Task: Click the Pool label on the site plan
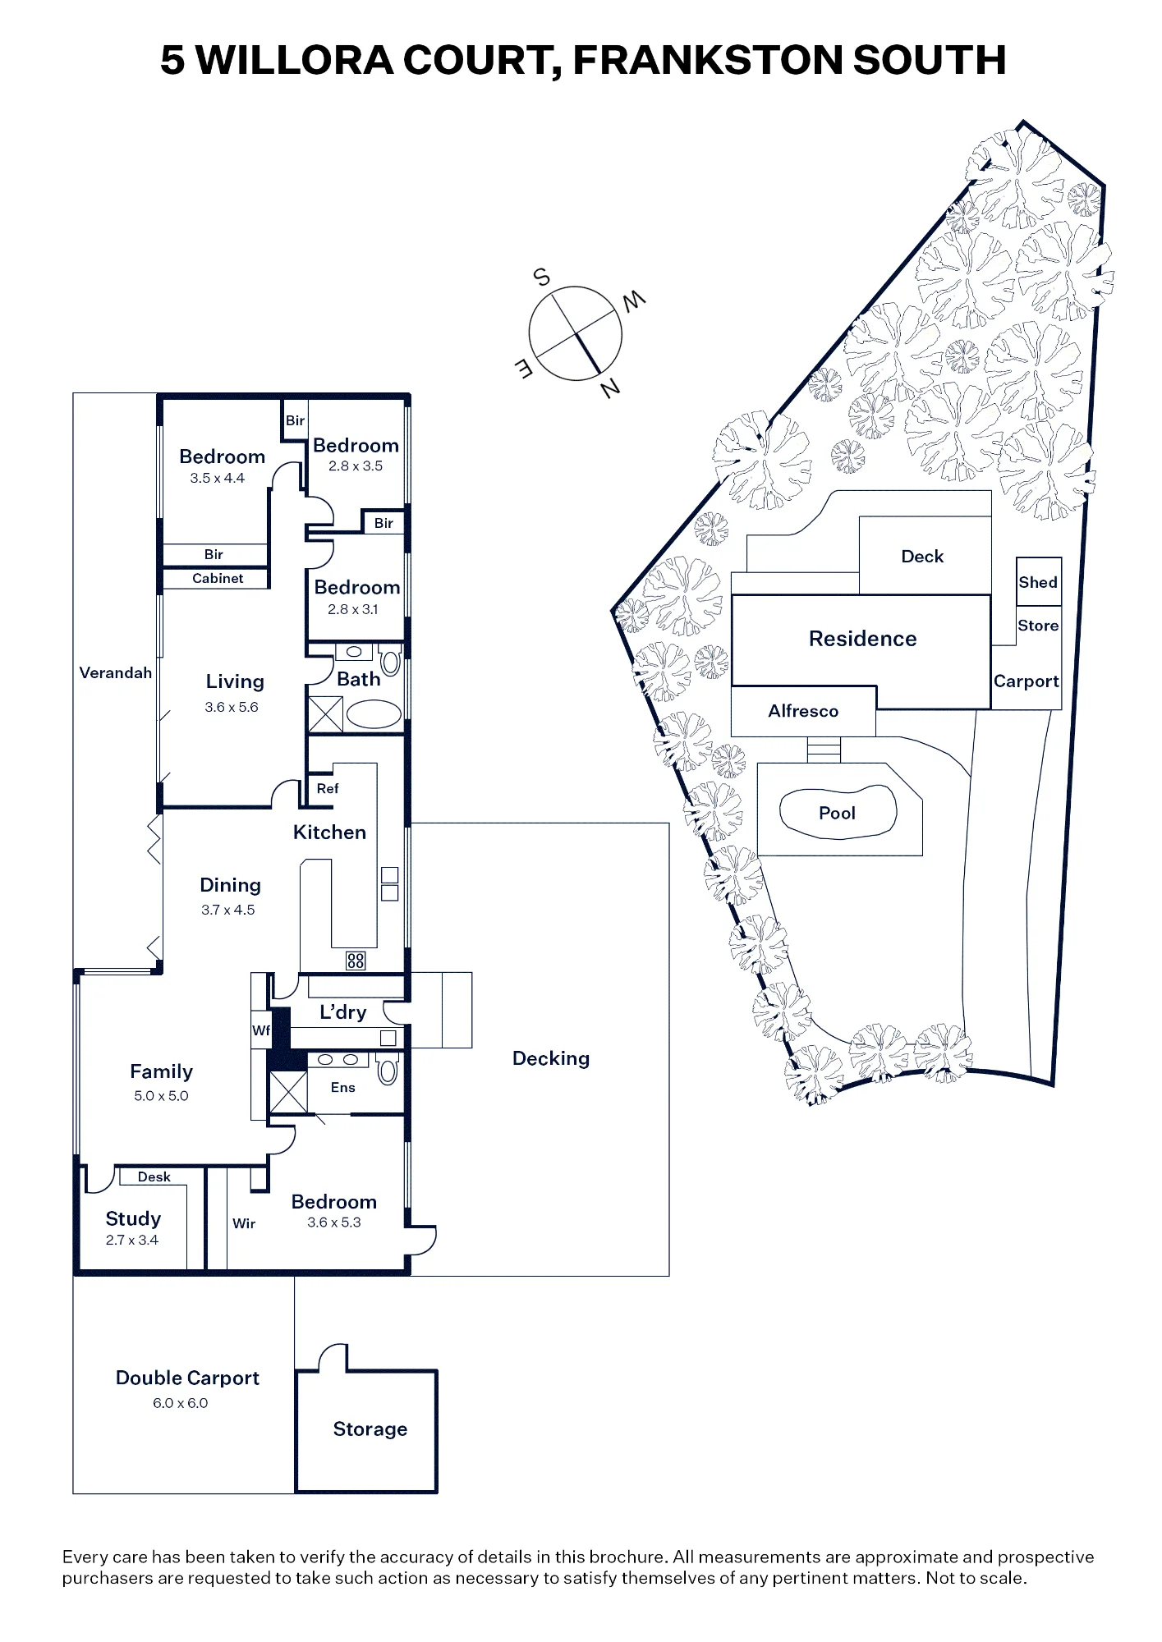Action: [x=837, y=813]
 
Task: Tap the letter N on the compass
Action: [x=610, y=388]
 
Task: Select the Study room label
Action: [x=133, y=1218]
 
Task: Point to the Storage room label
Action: [x=370, y=1429]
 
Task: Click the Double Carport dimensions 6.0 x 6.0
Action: [x=180, y=1403]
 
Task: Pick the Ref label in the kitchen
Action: [x=328, y=788]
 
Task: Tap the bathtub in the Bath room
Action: [x=374, y=714]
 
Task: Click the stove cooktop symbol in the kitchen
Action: [x=356, y=960]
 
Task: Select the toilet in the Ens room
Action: [x=387, y=1071]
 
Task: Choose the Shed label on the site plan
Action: [x=1038, y=582]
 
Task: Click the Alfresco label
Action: [x=803, y=711]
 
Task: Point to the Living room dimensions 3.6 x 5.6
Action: [x=232, y=707]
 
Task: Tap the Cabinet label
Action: [x=218, y=578]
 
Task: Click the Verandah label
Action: [x=116, y=672]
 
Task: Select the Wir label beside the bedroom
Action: [x=244, y=1223]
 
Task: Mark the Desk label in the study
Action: [x=154, y=1176]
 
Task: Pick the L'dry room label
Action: [x=343, y=1011]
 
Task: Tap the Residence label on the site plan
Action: [x=862, y=639]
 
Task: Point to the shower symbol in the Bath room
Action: [x=325, y=713]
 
